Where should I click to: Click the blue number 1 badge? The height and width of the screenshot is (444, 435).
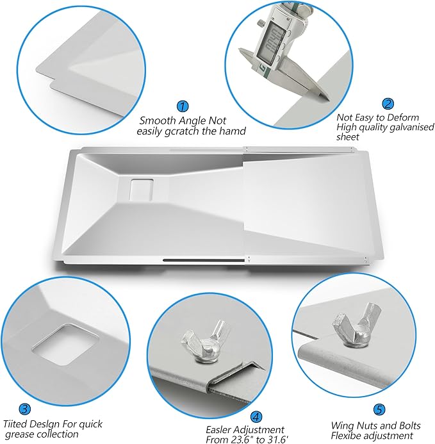point(183,106)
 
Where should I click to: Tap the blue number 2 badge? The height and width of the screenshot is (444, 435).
point(388,104)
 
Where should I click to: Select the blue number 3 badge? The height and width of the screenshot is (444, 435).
point(24,409)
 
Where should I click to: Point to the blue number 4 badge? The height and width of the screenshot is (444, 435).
point(256,416)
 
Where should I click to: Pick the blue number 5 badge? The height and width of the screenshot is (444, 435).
point(379,409)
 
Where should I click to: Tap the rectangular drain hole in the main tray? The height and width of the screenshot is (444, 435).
point(142,188)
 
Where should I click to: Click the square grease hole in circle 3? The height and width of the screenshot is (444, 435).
point(65,344)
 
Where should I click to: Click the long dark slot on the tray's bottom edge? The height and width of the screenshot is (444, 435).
point(204,260)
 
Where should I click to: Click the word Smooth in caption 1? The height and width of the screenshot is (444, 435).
point(157,120)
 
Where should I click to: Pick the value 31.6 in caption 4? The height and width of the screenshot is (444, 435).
point(279,440)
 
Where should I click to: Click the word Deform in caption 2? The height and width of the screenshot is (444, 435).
point(403,117)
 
